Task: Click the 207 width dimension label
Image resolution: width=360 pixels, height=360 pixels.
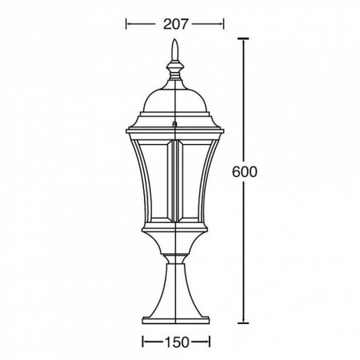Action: (x=176, y=24)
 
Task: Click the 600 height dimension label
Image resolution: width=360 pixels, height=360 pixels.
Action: (x=244, y=172)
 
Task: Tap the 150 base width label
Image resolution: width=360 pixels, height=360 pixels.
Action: (x=176, y=342)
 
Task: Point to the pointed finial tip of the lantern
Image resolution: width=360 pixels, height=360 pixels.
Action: (x=175, y=40)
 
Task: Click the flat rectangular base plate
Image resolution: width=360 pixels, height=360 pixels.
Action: (x=175, y=320)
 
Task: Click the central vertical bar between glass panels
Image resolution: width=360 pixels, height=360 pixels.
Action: (x=175, y=181)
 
